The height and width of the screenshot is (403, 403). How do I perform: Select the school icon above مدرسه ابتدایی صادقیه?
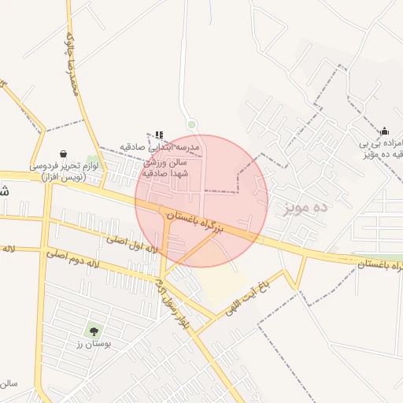click(x=159, y=135)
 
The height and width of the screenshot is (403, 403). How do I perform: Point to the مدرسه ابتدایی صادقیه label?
click(x=161, y=147)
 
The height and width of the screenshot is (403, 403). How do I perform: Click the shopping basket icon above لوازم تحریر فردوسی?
click(x=63, y=153)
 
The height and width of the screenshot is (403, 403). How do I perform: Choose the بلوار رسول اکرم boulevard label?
click(x=174, y=302)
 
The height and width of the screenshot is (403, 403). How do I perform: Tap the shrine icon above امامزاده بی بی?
click(x=384, y=131)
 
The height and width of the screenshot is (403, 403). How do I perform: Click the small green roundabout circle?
click(x=191, y=124)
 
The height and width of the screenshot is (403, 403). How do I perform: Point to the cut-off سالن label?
click(x=9, y=383)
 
